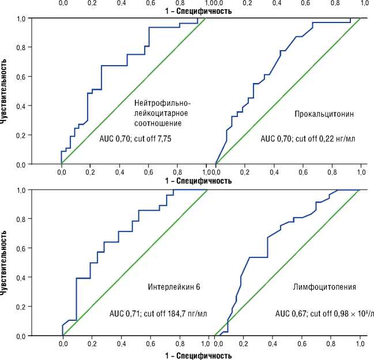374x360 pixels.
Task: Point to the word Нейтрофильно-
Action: [162, 103]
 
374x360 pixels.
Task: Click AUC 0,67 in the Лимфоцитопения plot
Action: [291, 314]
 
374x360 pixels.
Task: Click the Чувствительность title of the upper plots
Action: [5, 90]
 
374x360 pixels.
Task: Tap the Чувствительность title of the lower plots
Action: [5, 263]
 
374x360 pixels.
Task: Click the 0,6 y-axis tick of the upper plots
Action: [21, 77]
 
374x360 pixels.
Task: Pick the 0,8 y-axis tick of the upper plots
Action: [21, 47]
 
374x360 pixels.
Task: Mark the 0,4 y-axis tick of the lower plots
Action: [21, 277]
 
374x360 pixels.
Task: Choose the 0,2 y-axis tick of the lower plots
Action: [21, 306]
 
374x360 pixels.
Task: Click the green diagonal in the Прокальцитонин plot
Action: [288, 91]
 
